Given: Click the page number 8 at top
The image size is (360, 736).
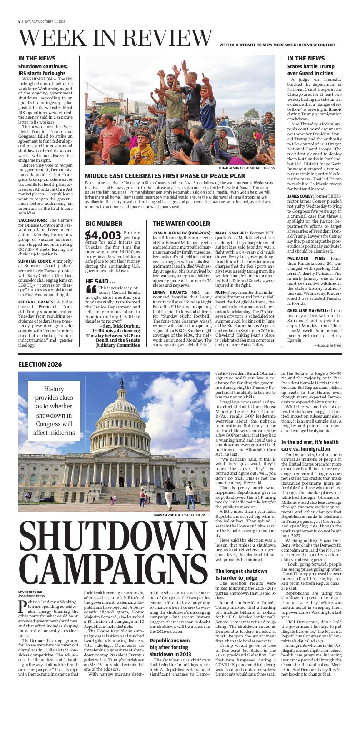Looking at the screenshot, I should pyautogui.click(x=20, y=21).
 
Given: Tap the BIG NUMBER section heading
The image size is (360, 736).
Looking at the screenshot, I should pyautogui.click(x=104, y=224).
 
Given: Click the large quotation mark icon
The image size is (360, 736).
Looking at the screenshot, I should pyautogui.click(x=91, y=289).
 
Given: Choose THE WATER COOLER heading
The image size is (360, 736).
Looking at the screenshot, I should pyautogui.click(x=181, y=224).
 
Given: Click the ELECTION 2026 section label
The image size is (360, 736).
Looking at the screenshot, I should pyautogui.click(x=40, y=364).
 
